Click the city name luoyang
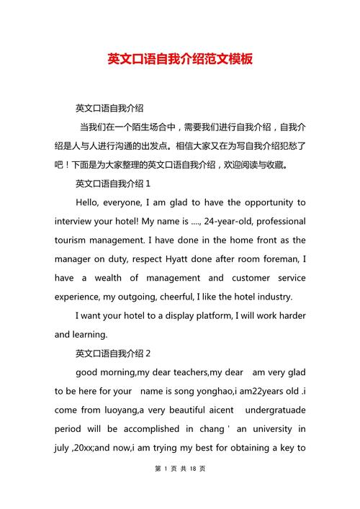pos(110,410)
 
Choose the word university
pos(270,428)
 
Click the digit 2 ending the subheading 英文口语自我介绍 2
pos(148,353)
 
